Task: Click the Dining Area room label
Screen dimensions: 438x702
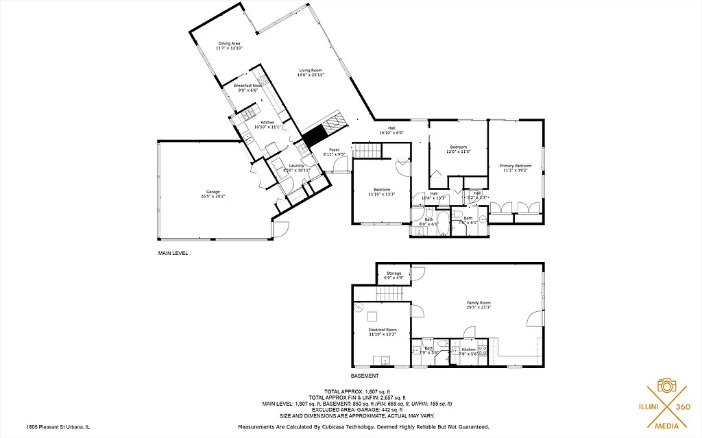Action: coord(229,43)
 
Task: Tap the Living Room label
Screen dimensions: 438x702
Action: coord(310,70)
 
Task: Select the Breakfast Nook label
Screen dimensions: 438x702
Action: coord(247,86)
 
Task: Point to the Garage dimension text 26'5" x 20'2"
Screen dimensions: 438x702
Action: coord(213,196)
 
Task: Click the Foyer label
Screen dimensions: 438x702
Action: coord(334,149)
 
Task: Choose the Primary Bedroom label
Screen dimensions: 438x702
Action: coord(515,166)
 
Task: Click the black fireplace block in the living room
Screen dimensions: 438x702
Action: coord(315,136)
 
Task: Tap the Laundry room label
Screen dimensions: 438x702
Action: coord(296,166)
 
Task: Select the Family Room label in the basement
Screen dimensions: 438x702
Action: coord(479,303)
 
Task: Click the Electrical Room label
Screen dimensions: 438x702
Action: coord(382,330)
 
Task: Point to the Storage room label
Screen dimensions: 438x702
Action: coord(394,273)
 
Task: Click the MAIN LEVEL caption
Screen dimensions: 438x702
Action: coord(173,253)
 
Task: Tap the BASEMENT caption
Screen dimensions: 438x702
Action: coord(364,376)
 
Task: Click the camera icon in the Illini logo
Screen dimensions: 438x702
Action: coord(666,385)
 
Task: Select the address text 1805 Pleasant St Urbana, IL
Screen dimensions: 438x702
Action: coord(59,426)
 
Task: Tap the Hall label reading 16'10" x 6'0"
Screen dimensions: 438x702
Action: coord(391,128)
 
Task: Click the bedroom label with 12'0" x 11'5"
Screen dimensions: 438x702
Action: coord(458,147)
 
